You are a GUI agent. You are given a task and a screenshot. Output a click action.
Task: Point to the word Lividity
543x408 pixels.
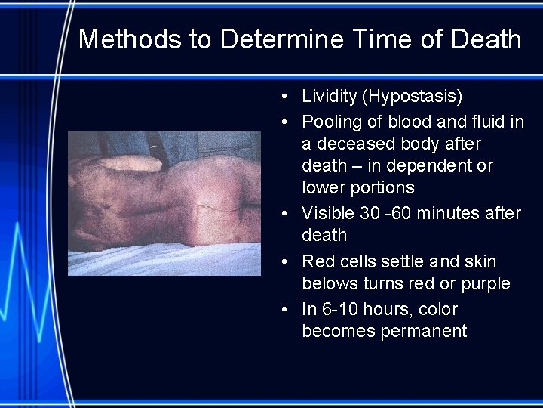(x=329, y=97)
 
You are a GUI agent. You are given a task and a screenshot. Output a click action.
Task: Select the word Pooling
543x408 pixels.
(x=330, y=122)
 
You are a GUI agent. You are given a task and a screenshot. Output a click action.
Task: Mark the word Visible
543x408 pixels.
(x=328, y=214)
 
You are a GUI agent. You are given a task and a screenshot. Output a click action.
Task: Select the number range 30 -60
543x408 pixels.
(x=382, y=214)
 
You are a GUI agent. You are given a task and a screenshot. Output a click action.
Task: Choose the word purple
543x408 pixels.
(x=484, y=284)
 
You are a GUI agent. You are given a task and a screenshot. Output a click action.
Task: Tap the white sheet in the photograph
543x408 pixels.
(x=151, y=261)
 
